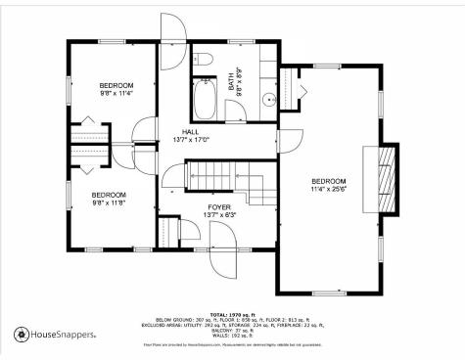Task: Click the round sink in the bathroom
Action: [x=266, y=99]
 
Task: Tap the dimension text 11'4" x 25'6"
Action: [x=329, y=190]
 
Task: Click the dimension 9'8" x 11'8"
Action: [x=110, y=203]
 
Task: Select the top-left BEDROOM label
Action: [x=116, y=86]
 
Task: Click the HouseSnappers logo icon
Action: [x=22, y=335]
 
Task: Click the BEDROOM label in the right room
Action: [x=329, y=182]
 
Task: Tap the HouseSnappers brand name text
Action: [x=64, y=335]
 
